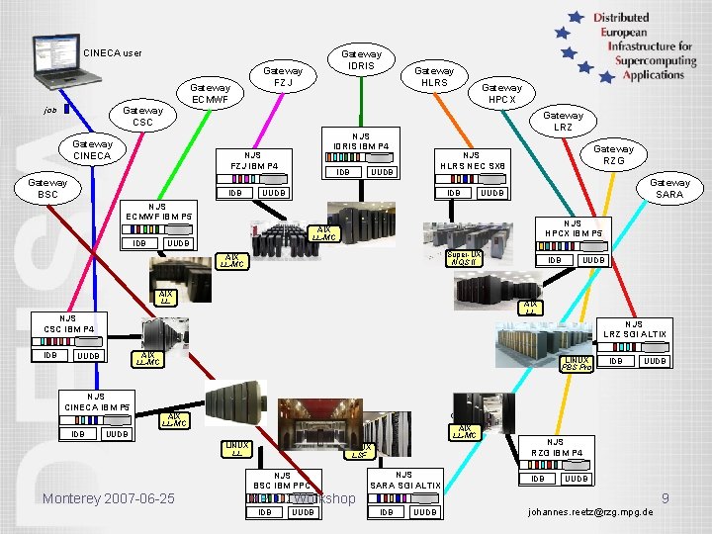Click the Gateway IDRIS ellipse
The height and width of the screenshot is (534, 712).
(x=361, y=59)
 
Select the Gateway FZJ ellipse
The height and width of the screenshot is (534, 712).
(x=283, y=76)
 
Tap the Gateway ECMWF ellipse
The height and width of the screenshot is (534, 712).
(x=210, y=93)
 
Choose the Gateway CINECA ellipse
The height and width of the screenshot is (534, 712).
(x=92, y=150)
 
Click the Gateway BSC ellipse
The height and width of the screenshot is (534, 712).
(x=47, y=188)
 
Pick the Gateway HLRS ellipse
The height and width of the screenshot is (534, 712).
(x=434, y=76)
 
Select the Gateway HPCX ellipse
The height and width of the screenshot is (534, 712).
(x=501, y=93)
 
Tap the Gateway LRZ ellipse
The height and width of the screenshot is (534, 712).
(x=563, y=121)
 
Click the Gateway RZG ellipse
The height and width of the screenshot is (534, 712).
(x=613, y=155)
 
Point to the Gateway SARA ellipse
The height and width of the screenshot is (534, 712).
(x=669, y=188)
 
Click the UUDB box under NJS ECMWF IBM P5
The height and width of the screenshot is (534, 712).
(x=179, y=243)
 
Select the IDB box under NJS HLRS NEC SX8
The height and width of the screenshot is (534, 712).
(x=453, y=193)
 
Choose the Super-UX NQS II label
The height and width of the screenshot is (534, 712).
(x=464, y=258)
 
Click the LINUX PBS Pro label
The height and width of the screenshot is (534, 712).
(x=577, y=363)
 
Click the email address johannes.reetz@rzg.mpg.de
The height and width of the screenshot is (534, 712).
(x=591, y=512)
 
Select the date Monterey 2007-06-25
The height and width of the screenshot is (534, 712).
(x=109, y=498)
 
